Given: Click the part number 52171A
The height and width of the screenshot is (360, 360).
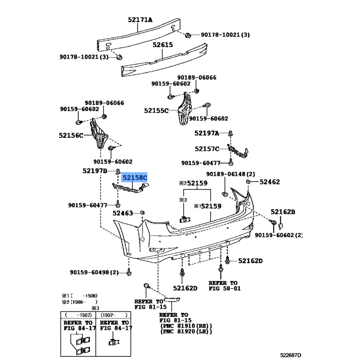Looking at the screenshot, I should (140, 20).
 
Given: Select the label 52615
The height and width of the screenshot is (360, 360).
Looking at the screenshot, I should (162, 45).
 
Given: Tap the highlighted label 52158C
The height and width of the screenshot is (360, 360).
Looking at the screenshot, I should (135, 178).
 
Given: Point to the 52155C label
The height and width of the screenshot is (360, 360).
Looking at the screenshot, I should (156, 110).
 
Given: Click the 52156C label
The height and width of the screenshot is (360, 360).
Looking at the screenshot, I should (71, 135).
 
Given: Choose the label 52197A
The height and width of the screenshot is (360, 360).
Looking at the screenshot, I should (207, 133).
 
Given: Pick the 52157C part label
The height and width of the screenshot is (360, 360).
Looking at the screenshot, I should (207, 148).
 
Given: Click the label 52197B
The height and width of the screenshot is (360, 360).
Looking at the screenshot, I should (94, 171).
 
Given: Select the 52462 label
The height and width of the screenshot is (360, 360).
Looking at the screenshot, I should (270, 182).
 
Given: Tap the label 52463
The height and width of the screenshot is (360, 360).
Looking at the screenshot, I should (123, 213).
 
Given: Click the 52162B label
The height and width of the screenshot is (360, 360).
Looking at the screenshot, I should (283, 212).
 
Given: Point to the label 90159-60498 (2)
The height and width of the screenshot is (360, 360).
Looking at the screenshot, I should (94, 272).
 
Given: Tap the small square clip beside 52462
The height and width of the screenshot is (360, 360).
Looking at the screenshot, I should (248, 181).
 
